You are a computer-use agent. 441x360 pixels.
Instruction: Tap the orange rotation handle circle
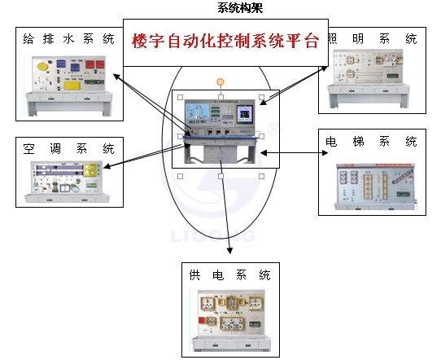coord(220,81)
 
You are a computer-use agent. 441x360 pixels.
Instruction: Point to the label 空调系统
coord(69,149)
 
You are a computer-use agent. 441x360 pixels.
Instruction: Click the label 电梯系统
coord(371,141)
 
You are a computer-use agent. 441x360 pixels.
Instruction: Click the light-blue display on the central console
coord(197,114)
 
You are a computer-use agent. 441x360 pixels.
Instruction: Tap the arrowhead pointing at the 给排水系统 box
coord(116,76)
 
